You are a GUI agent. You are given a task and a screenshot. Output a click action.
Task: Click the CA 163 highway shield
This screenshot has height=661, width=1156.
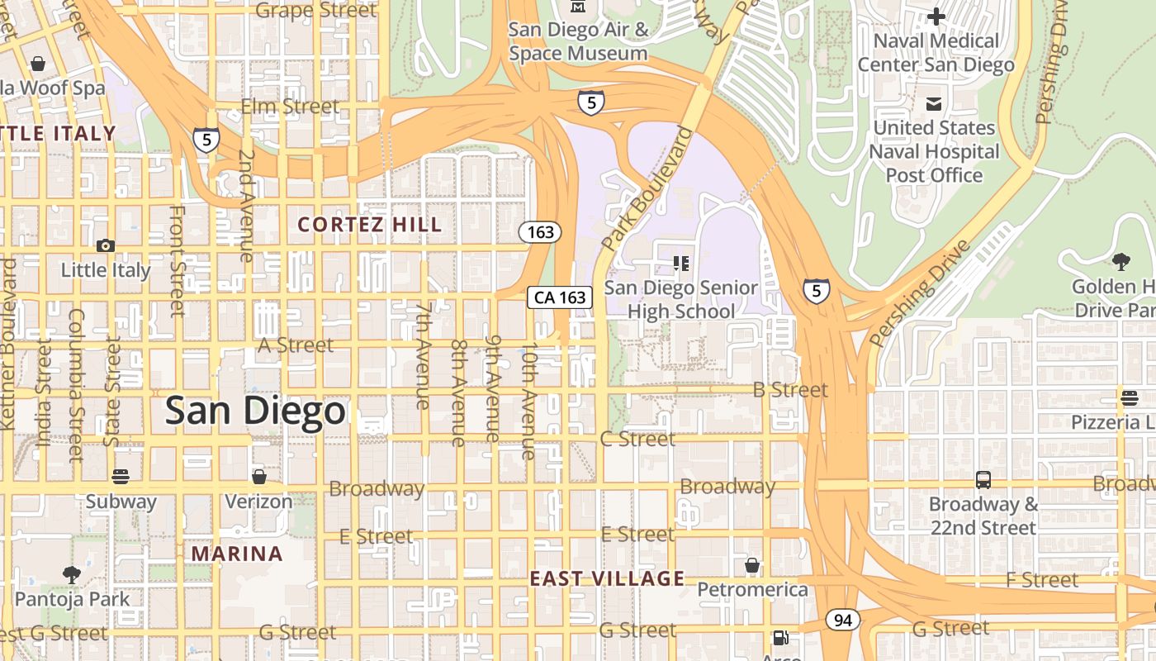561,297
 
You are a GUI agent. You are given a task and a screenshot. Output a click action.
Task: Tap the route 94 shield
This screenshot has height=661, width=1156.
842,620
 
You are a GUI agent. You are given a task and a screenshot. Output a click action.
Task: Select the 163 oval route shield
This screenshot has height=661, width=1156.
540,232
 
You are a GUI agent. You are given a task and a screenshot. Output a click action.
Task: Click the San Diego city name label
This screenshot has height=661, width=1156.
254,411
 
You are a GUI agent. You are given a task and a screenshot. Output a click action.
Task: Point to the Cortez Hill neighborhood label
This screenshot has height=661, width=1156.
369,224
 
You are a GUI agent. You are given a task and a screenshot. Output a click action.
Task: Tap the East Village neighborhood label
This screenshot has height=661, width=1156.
607,578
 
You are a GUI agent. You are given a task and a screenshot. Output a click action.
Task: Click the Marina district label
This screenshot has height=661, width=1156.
237,554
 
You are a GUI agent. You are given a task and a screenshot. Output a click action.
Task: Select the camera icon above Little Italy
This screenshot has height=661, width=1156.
105,245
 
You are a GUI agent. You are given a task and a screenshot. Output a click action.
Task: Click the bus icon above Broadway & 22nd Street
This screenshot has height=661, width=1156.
983,480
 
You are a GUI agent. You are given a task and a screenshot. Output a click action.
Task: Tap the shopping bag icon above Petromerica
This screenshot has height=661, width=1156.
751,565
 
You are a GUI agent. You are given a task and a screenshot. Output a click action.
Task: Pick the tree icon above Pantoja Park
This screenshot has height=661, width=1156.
72,574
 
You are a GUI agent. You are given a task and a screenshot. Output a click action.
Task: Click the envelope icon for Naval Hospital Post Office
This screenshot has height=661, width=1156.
934,104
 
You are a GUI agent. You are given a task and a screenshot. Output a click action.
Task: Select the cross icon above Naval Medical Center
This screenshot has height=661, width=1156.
936,17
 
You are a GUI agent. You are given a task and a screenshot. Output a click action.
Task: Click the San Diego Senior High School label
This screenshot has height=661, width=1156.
680,299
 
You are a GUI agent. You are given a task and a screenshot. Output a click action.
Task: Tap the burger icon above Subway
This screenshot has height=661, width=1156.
121,477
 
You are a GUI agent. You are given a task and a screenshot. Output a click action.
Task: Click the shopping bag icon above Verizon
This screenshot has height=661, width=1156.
258,477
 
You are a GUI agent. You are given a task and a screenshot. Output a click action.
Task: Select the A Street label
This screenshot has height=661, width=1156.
296,345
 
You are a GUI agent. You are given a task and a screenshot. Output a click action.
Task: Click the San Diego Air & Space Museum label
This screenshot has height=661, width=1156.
578,41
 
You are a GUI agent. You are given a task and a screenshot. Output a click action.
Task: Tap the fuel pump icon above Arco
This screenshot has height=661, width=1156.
779,638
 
